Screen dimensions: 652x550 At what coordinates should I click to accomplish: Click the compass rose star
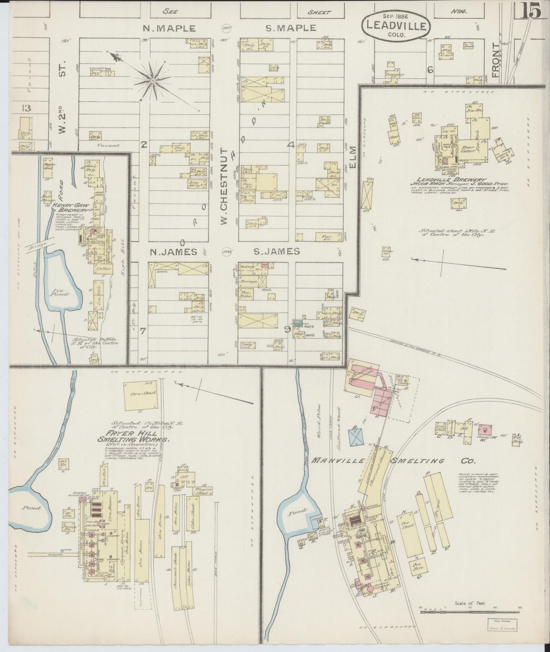click(x=153, y=80)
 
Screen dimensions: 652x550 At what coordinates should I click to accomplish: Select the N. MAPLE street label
click(x=169, y=28)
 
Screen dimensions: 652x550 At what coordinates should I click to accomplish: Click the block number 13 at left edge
click(x=26, y=108)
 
